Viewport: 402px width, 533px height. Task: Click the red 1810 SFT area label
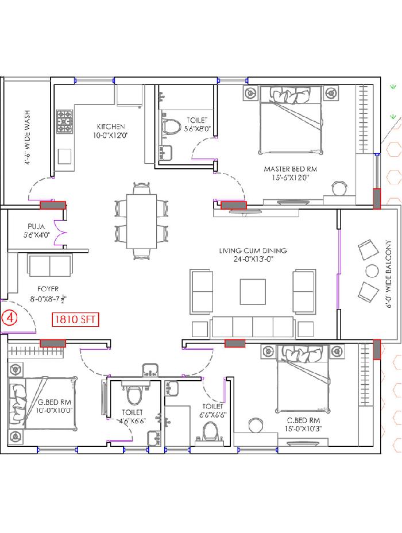coord(75,319)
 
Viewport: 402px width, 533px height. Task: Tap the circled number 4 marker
coord(9,318)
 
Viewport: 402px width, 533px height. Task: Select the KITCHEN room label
coord(111,126)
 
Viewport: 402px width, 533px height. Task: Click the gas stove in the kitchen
coord(64,121)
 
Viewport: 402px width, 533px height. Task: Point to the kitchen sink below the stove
coord(64,156)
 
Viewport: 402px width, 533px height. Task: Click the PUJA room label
coord(36,226)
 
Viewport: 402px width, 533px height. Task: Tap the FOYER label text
coord(48,289)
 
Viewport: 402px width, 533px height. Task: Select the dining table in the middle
coord(142,221)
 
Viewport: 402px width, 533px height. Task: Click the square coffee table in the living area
coord(253,292)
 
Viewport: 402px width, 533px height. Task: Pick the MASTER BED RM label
coord(291,169)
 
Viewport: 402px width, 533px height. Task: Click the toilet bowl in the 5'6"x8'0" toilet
coord(171,126)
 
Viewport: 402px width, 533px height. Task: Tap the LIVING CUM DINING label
coord(253,250)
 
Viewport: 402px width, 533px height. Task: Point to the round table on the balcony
coord(372,271)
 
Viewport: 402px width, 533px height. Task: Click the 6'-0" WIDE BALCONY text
coord(388,274)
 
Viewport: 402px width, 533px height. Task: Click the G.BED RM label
coord(55,402)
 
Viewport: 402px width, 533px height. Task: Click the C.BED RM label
coord(303,420)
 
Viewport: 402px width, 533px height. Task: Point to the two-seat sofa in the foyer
coord(50,266)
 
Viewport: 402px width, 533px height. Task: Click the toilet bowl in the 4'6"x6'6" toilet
coord(134,395)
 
